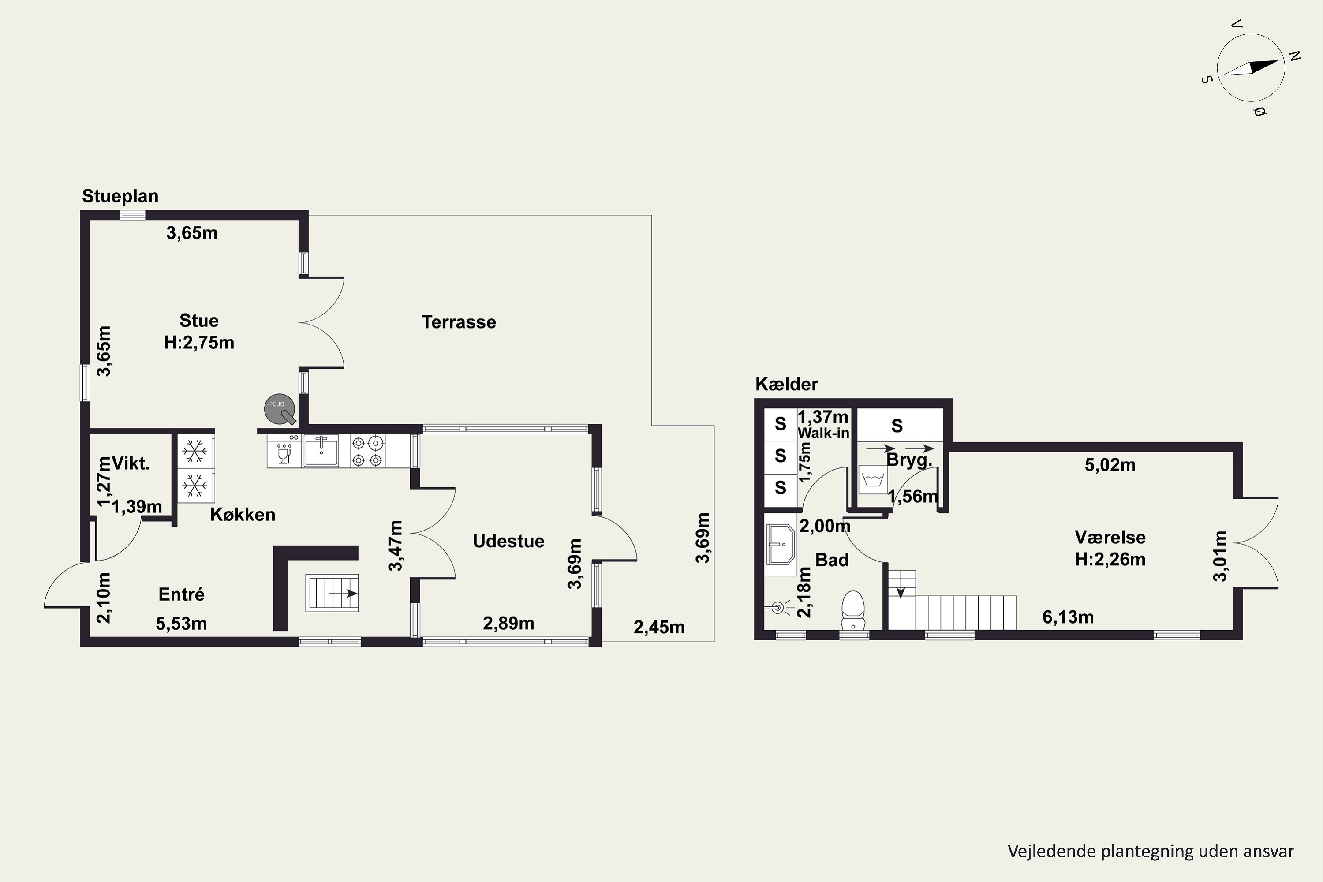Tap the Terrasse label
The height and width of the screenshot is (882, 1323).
click(x=459, y=322)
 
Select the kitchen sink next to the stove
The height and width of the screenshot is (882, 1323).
click(x=321, y=451)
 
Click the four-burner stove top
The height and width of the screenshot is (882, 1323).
click(x=368, y=451)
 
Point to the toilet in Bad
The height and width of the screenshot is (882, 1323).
click(x=853, y=610)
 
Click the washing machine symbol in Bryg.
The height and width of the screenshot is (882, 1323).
click(x=873, y=480)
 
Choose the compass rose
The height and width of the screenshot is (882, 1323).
click(x=1251, y=67)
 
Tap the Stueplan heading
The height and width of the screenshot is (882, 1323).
click(x=120, y=196)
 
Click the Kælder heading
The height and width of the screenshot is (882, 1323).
click(x=786, y=384)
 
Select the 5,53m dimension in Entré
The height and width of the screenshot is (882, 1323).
click(x=181, y=624)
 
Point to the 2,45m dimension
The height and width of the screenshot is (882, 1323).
click(x=659, y=627)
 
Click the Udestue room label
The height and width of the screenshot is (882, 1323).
click(x=508, y=541)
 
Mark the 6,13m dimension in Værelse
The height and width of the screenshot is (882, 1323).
click(x=1068, y=617)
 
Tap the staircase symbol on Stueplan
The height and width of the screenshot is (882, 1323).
click(x=332, y=593)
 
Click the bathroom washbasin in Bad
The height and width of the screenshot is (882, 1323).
click(x=780, y=544)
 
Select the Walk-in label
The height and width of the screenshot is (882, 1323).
click(x=823, y=433)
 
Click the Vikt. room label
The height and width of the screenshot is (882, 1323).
click(x=131, y=463)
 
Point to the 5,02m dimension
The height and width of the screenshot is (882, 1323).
click(x=1110, y=465)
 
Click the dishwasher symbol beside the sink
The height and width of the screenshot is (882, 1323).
click(x=284, y=451)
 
